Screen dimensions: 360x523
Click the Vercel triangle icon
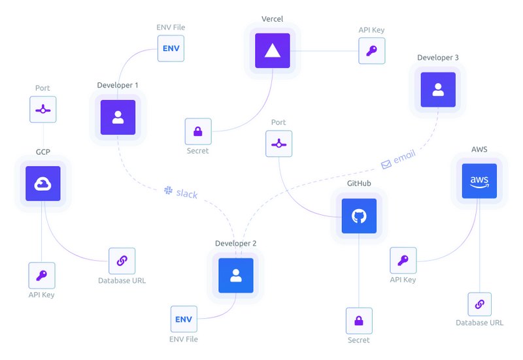[273, 51]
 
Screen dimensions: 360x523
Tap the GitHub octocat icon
[359, 216]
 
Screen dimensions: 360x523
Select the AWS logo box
[479, 180]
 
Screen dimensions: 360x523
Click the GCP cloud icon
[42, 183]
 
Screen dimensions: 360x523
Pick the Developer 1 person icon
[118, 117]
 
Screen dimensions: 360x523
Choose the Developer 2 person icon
[235, 275]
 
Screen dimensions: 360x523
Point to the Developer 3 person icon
[438, 90]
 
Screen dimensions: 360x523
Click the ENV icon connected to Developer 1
[171, 49]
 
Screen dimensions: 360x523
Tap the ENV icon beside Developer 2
[184, 319]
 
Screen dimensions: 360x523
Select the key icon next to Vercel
[371, 51]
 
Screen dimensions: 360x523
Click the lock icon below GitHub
[359, 321]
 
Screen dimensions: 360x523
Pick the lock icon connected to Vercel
[197, 131]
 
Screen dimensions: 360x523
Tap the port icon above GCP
[42, 110]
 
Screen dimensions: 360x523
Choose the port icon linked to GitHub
[278, 144]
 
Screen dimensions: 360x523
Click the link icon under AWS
[479, 304]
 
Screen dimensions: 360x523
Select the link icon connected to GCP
[122, 261]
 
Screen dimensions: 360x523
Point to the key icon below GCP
[42, 276]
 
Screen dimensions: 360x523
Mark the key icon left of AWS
[403, 261]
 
